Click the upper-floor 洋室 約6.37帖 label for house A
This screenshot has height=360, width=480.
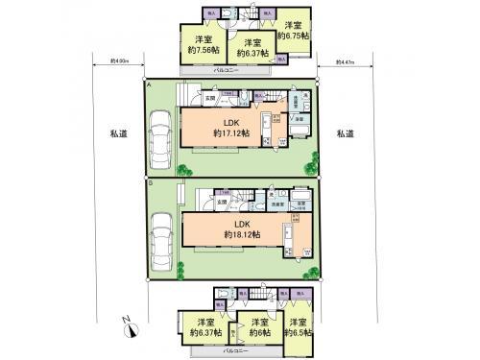click(252, 48)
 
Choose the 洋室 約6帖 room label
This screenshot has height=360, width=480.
click(252, 327)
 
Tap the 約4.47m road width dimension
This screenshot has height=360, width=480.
click(345, 62)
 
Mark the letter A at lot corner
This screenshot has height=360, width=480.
click(150, 84)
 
